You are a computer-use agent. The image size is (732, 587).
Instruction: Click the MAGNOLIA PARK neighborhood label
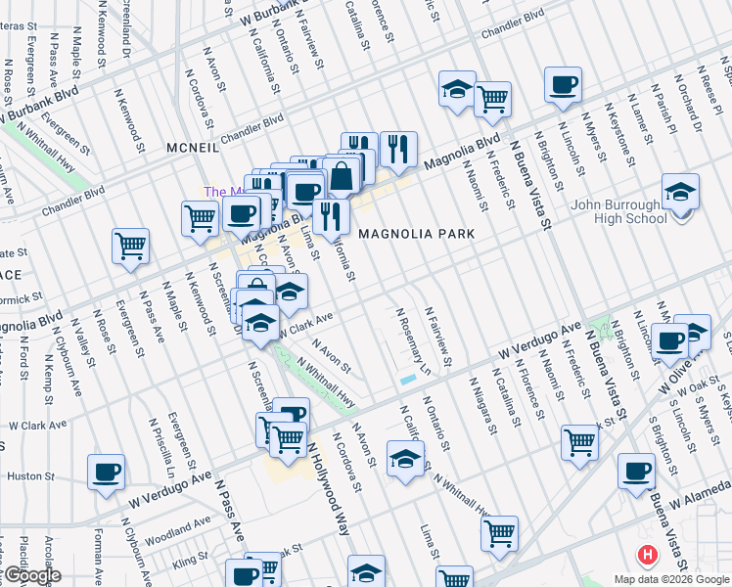click(416, 234)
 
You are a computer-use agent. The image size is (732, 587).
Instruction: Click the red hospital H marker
click(646, 556)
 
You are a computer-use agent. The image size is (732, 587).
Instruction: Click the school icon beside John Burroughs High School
click(680, 192)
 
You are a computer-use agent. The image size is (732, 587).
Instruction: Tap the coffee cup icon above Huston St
click(107, 472)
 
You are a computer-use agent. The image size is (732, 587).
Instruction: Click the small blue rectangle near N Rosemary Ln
click(407, 379)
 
